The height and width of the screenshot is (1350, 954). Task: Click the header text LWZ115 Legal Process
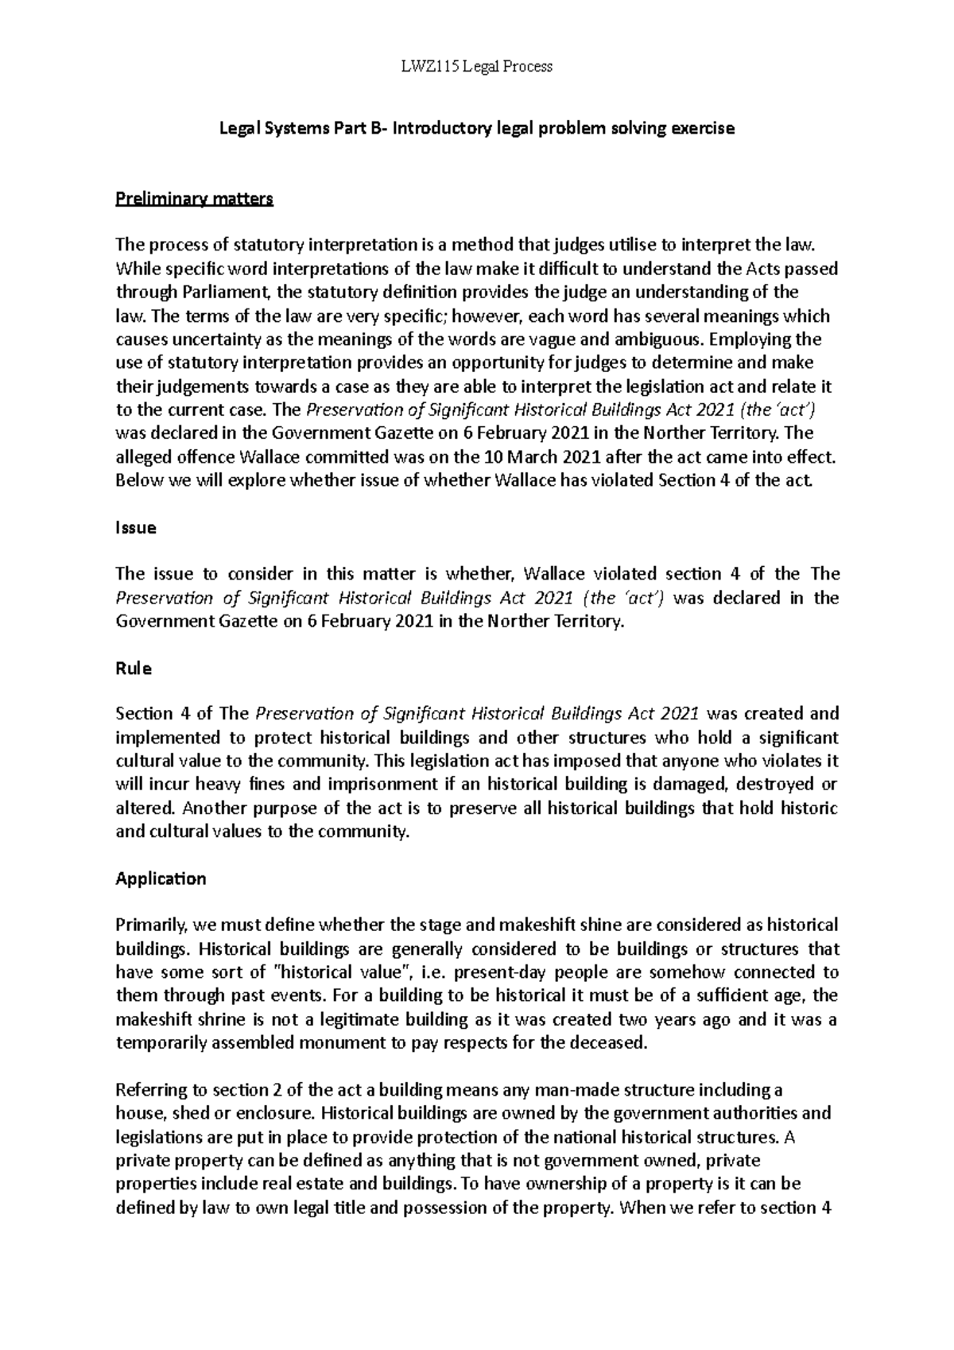[x=477, y=67]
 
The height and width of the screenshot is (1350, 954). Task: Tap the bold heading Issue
[x=136, y=528]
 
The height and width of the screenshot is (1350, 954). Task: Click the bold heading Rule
[x=134, y=669]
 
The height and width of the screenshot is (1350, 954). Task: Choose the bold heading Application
[x=161, y=879]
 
